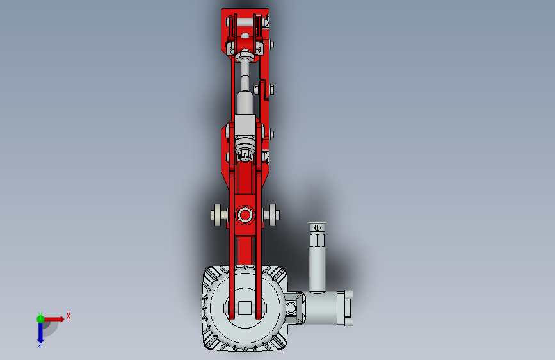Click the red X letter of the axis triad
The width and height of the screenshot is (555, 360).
coord(68,316)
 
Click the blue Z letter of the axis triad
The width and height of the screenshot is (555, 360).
coord(40,344)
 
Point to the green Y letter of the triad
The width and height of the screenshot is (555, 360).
coord(40,315)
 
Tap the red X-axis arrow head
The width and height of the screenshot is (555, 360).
coord(61,319)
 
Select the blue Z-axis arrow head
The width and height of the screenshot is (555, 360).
coord(40,340)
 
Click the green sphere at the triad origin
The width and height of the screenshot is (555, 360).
coord(40,319)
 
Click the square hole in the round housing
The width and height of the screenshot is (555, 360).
coord(245,307)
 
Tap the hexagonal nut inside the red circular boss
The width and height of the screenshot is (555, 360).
coord(245,215)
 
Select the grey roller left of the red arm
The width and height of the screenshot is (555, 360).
coord(220,215)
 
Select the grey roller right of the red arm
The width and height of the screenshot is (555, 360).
coord(271,215)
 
